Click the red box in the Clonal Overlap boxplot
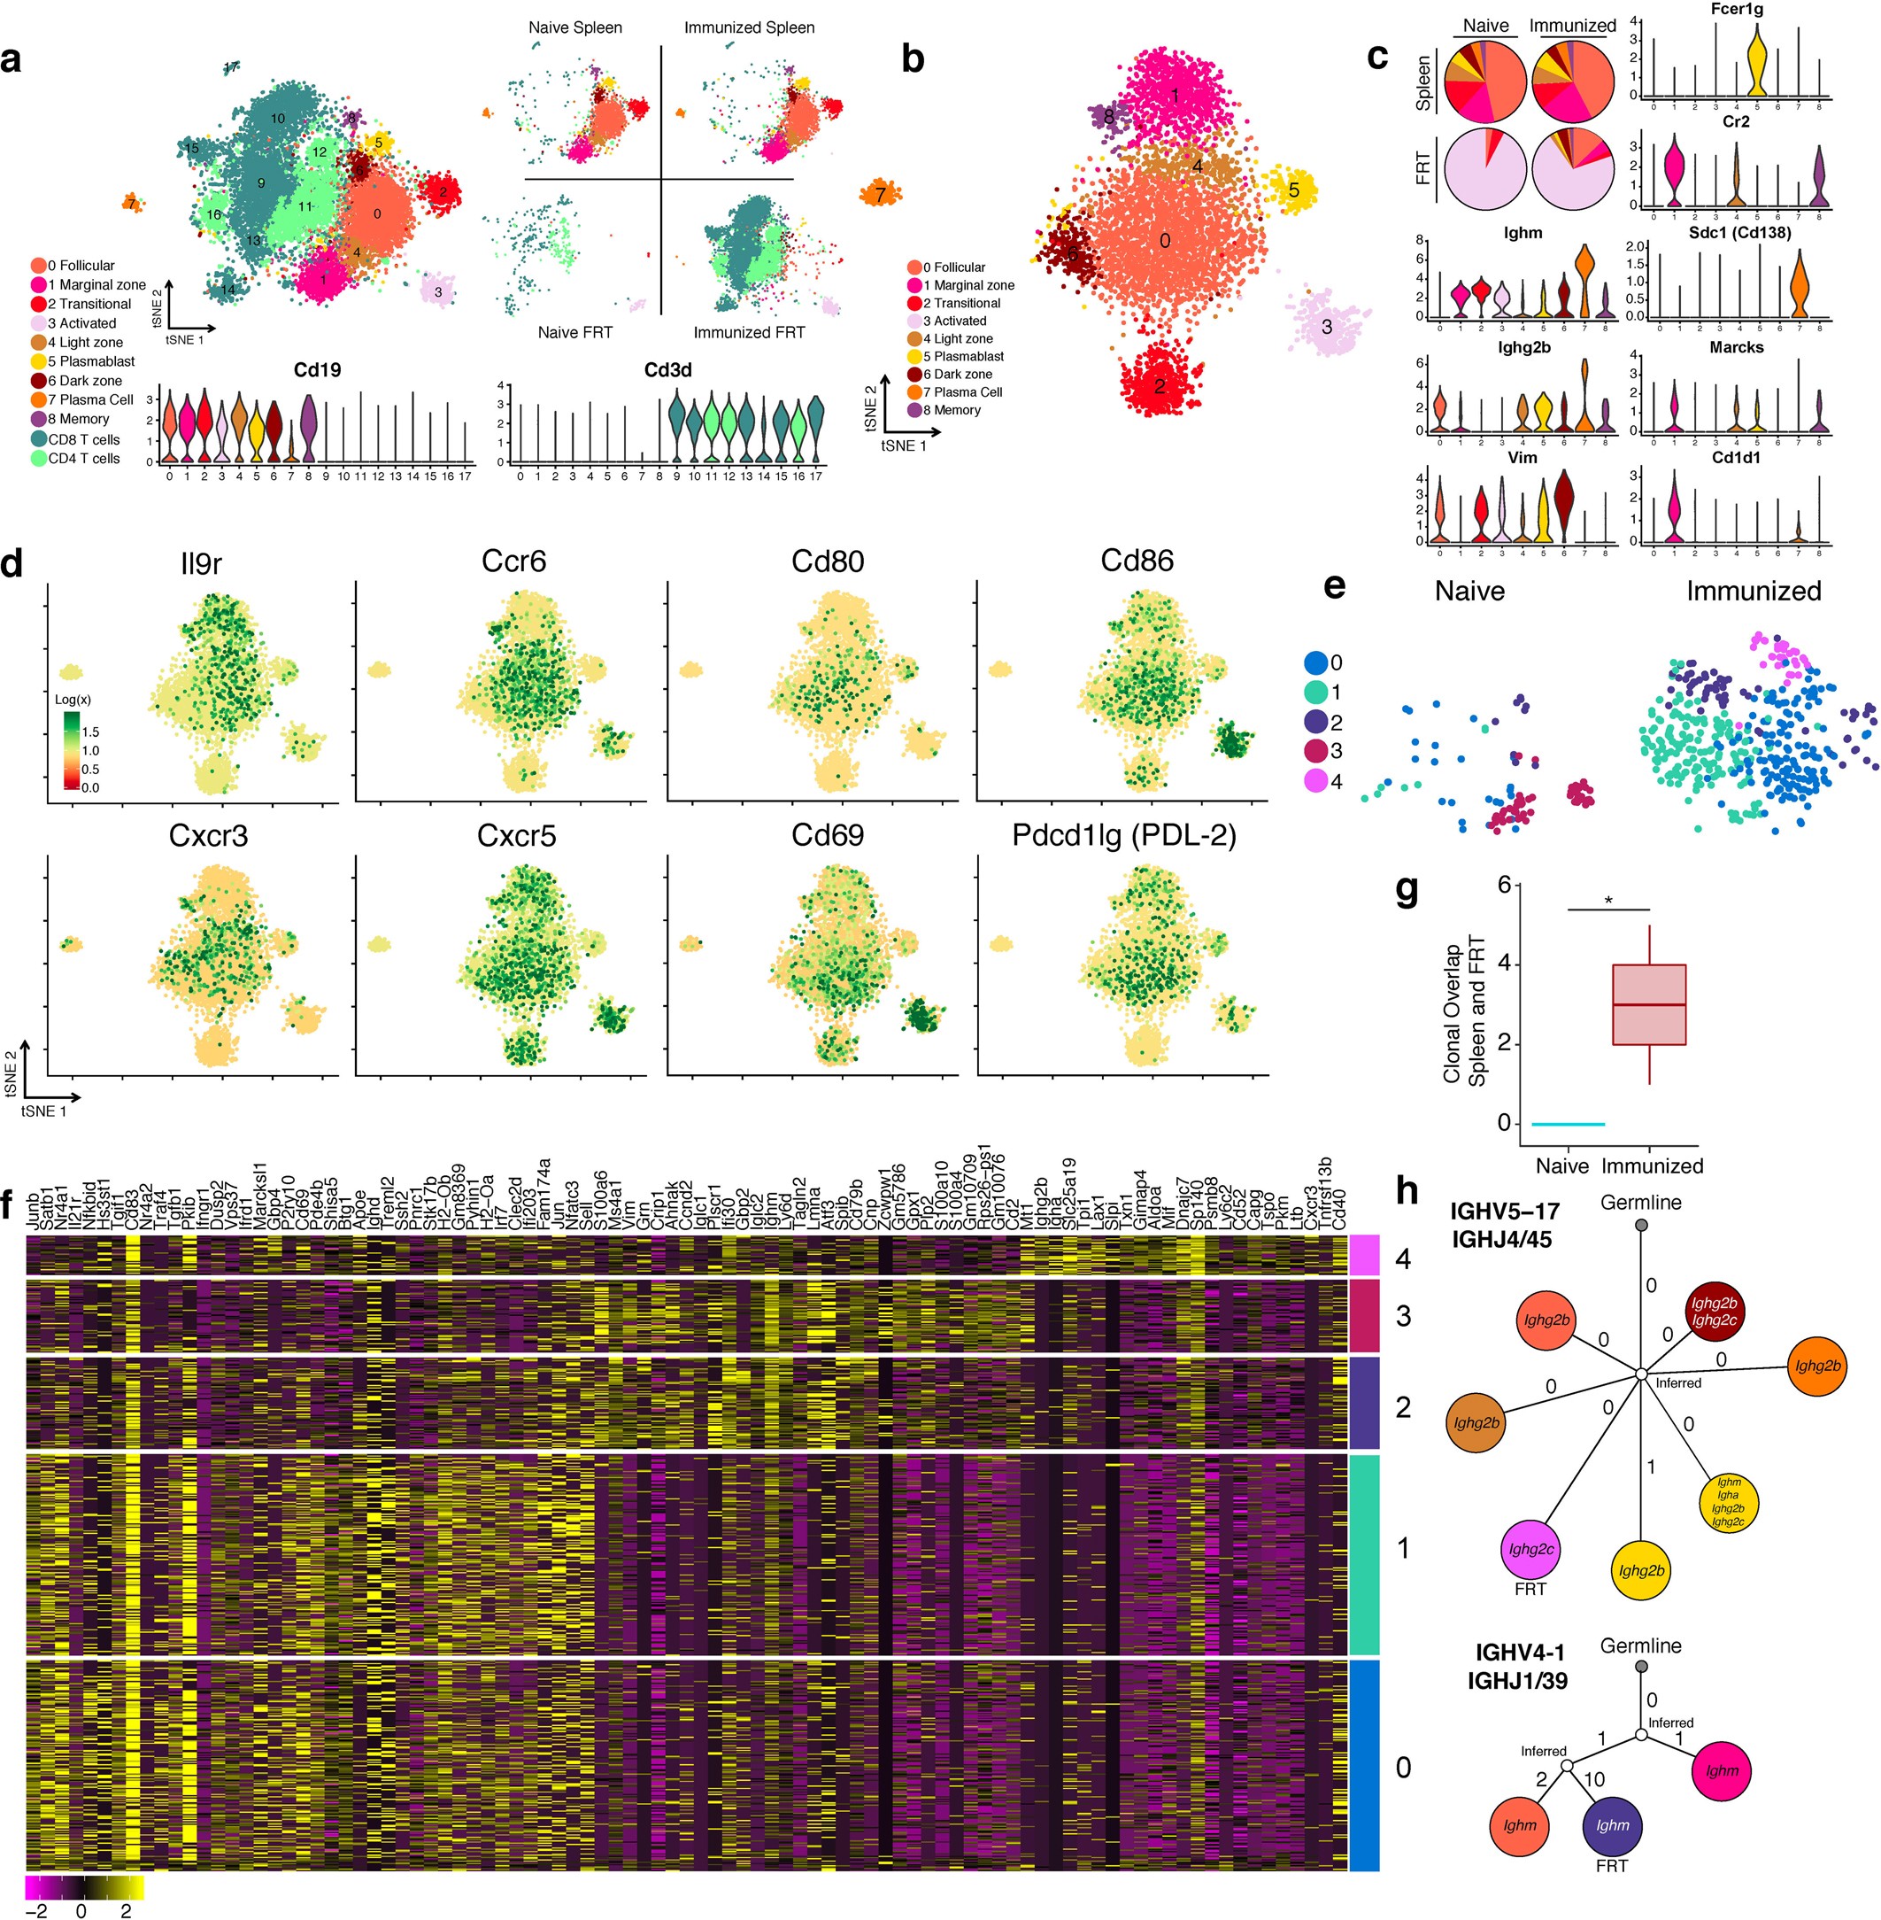[x=1649, y=1004]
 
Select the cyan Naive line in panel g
[x=1568, y=1124]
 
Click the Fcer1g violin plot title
[x=1736, y=9]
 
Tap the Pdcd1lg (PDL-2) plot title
[x=1123, y=836]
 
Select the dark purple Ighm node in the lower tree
[x=1611, y=1825]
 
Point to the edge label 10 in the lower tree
[x=1593, y=1780]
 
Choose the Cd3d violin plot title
[x=667, y=370]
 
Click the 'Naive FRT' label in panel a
[x=575, y=332]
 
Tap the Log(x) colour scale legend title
[x=73, y=700]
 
